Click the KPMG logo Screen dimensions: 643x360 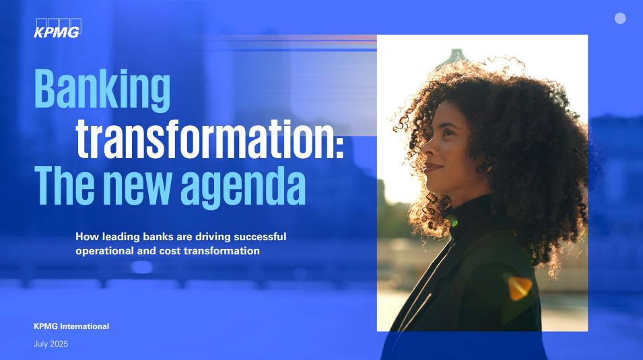[x=57, y=28]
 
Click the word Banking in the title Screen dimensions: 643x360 [x=102, y=90]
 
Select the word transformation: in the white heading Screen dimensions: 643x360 [x=209, y=139]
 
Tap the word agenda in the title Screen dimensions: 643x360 [x=243, y=187]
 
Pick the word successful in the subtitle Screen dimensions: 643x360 [x=260, y=237]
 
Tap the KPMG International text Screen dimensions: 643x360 [x=71, y=326]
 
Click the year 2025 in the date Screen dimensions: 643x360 [x=59, y=344]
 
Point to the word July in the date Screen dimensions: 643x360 [x=40, y=344]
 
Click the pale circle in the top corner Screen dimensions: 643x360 [x=620, y=18]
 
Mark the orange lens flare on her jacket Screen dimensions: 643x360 [x=519, y=287]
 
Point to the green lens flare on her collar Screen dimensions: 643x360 [x=453, y=222]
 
